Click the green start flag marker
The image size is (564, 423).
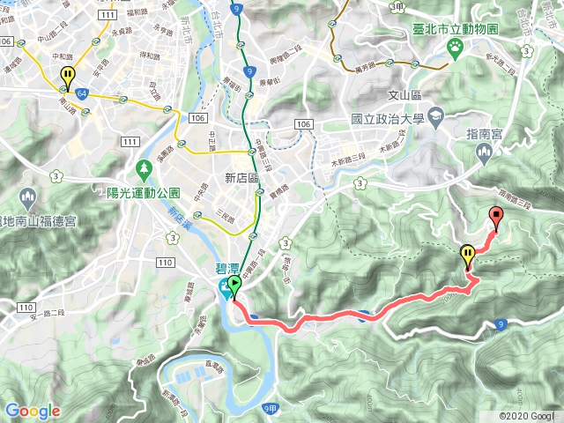coord(234,285)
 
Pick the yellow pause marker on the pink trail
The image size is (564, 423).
coord(468,256)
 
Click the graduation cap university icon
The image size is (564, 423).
coord(436,116)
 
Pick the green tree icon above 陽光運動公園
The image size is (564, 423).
coord(144,167)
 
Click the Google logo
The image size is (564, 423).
coord(33,411)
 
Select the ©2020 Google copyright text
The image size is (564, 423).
coord(526,415)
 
